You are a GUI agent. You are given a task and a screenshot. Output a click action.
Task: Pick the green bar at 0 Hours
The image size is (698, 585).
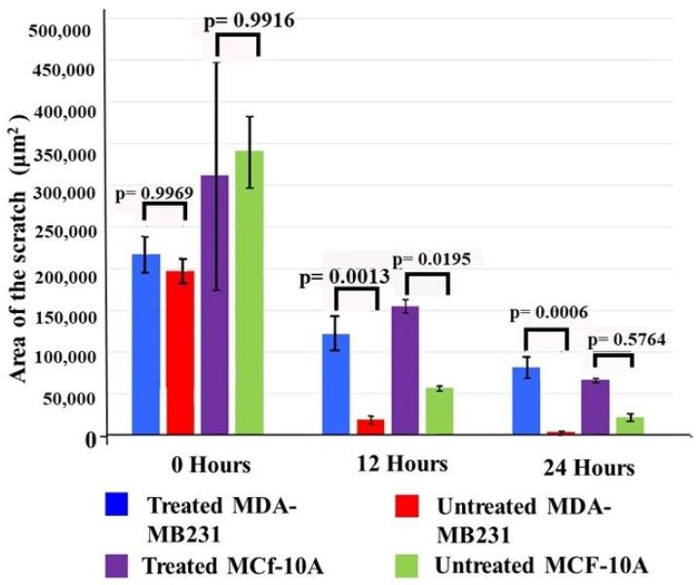pyautogui.click(x=249, y=292)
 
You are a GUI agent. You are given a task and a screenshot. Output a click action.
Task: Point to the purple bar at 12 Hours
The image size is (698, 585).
pyautogui.click(x=405, y=370)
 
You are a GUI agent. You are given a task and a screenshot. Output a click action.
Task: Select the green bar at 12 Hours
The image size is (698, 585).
pyautogui.click(x=440, y=409)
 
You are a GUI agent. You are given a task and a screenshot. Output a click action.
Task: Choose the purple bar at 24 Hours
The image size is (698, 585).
pyautogui.click(x=595, y=407)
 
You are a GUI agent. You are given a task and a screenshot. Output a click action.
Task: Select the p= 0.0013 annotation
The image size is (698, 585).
pyautogui.click(x=344, y=277)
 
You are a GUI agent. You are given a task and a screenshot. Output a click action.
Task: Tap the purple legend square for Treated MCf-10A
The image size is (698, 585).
pyautogui.click(x=115, y=565)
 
